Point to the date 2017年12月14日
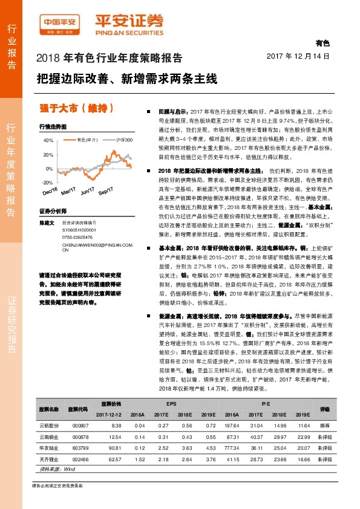[298, 56]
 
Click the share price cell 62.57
[115, 459]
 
